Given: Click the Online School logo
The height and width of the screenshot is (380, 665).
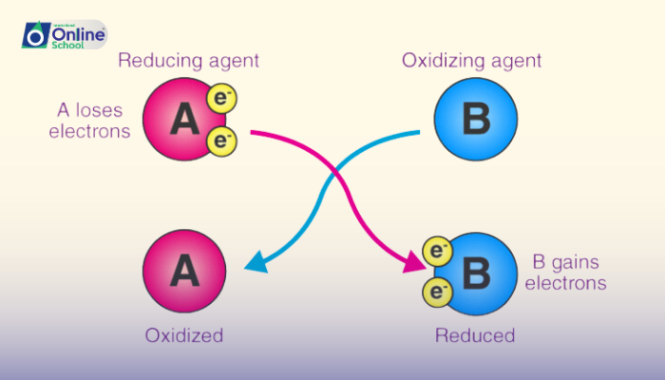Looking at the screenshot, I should [x=64, y=35].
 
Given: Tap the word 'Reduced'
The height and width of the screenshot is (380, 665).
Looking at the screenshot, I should [x=475, y=335].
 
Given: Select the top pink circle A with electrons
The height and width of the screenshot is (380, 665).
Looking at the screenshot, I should [x=182, y=120].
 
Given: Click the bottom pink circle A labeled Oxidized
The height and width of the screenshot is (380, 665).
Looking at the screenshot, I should [x=184, y=273].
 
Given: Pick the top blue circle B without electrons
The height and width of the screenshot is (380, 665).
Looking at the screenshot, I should [x=475, y=120].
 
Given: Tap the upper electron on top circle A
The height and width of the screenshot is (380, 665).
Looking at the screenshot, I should [x=220, y=100].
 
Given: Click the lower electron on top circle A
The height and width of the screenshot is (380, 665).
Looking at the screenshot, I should [x=220, y=142].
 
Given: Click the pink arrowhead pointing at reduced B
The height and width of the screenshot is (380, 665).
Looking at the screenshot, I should [x=414, y=262].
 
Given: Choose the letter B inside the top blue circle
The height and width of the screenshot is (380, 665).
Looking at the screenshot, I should [x=475, y=120].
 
